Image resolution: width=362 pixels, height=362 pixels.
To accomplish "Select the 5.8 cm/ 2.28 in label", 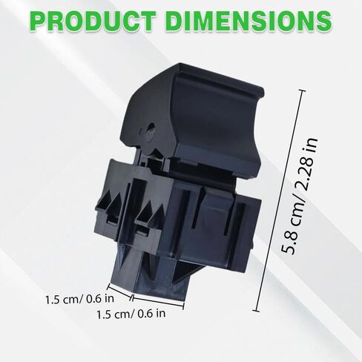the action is coord(299,195).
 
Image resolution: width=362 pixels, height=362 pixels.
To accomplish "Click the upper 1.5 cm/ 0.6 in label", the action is coord(79,300).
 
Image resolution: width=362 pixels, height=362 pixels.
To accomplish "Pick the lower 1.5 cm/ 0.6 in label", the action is coord(131,314).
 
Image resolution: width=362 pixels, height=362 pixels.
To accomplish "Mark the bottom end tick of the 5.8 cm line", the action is coord(256,310).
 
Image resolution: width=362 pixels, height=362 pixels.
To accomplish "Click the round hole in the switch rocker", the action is coord(150,128).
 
